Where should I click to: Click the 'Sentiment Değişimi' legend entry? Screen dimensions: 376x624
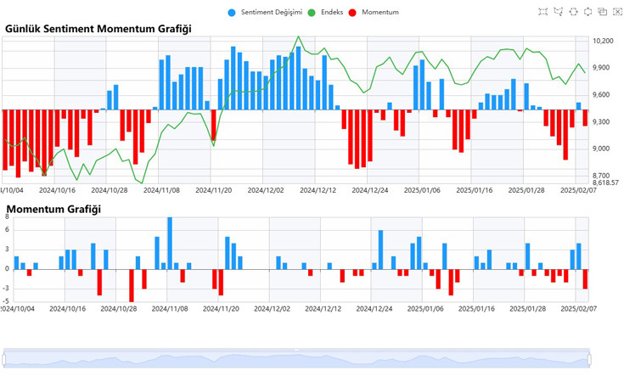pyautogui.click(x=265, y=12)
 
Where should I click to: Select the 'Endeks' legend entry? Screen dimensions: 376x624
pyautogui.click(x=325, y=12)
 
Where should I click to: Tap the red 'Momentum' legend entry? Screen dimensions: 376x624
pyautogui.click(x=373, y=12)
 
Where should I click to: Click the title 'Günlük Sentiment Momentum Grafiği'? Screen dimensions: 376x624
pyautogui.click(x=98, y=29)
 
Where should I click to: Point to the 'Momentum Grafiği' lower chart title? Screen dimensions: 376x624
pyautogui.click(x=53, y=209)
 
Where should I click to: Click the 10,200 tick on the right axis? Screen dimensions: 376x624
pyautogui.click(x=603, y=41)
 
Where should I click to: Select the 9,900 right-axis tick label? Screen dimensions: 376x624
pyautogui.click(x=603, y=68)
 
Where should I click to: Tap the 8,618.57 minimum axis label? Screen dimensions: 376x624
pyautogui.click(x=605, y=182)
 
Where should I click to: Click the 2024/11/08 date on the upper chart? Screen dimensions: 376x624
pyautogui.click(x=160, y=191)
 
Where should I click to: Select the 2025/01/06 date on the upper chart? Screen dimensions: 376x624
pyautogui.click(x=422, y=191)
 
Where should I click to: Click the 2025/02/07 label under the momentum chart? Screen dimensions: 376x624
pyautogui.click(x=581, y=309)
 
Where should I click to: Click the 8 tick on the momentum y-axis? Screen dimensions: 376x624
pyautogui.click(x=7, y=217)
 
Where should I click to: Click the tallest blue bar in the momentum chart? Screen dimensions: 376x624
pyautogui.click(x=170, y=243)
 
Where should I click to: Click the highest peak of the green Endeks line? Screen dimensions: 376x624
pyautogui.click(x=298, y=37)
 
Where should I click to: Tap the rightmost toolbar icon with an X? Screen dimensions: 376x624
pyautogui.click(x=616, y=12)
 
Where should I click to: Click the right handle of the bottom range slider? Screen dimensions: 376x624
pyautogui.click(x=590, y=359)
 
